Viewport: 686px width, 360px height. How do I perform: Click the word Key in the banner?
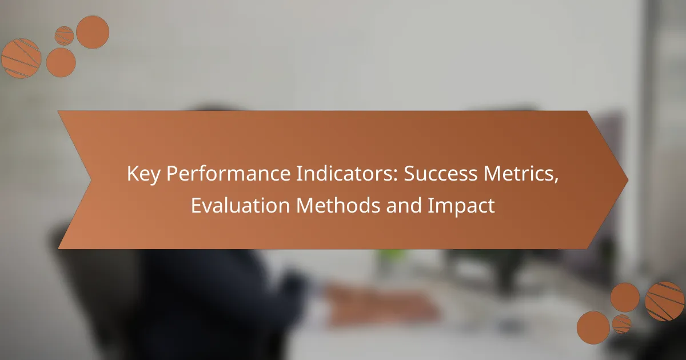143,174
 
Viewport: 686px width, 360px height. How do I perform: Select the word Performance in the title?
228,173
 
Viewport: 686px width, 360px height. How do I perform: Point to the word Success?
440,173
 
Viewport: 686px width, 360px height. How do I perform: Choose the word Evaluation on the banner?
241,205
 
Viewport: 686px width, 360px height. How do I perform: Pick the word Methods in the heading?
338,205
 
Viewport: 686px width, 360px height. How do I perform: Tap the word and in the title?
404,205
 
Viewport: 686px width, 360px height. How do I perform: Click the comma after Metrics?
556,181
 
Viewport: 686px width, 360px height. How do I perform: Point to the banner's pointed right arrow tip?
628,180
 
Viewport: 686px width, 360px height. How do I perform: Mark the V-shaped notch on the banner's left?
91,180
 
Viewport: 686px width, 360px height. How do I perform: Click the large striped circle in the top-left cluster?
21,58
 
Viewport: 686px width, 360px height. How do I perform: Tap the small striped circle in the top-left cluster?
64,36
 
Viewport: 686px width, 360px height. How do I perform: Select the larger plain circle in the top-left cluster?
93,32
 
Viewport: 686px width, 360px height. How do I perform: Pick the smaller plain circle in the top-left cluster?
61,62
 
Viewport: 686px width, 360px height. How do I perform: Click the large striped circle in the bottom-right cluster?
664,301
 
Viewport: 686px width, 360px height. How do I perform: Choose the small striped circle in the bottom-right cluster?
621,324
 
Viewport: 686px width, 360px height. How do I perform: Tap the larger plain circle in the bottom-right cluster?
593,327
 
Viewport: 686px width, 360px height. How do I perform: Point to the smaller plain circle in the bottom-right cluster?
625,297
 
